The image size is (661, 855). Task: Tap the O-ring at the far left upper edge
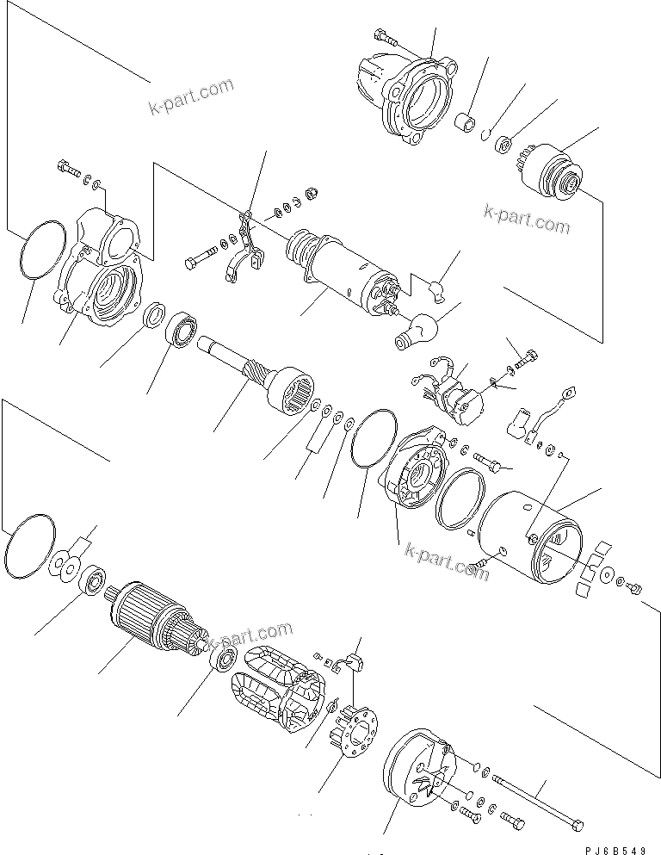click(41, 249)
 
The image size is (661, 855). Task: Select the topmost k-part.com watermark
click(190, 96)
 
